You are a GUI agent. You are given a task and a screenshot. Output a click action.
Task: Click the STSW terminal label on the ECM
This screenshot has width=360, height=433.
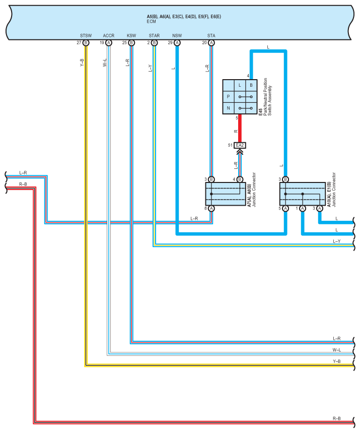click(86, 36)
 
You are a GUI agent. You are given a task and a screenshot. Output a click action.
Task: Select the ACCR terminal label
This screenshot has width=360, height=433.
click(108, 36)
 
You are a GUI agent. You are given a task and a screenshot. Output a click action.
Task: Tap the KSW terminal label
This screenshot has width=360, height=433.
click(131, 36)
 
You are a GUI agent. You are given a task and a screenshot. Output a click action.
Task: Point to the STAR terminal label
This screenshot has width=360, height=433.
click(154, 36)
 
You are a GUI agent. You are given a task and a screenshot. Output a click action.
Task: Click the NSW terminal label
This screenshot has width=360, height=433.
click(177, 36)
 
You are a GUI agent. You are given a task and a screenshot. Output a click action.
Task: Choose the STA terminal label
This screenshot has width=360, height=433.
click(211, 36)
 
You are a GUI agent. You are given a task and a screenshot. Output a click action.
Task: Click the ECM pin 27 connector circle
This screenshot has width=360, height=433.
click(86, 43)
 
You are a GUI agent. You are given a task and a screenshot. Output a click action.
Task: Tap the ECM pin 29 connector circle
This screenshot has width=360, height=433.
click(177, 43)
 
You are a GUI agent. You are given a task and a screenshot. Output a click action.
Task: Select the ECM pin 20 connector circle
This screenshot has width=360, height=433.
click(211, 43)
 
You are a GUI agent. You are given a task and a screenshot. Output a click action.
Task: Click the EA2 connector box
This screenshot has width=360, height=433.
click(240, 145)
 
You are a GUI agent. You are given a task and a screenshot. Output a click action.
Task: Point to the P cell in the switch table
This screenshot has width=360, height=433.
click(228, 97)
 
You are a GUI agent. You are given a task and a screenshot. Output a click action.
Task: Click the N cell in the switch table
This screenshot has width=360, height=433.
click(228, 108)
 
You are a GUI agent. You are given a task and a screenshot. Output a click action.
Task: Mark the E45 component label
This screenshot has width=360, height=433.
click(260, 112)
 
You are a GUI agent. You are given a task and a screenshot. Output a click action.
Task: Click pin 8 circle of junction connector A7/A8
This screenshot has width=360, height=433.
click(211, 209)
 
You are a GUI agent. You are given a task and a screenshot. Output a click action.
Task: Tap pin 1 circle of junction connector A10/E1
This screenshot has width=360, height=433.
click(303, 209)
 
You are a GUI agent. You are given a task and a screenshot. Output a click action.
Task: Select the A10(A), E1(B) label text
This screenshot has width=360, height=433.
click(329, 194)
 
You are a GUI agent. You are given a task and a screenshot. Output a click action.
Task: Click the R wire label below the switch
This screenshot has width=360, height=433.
click(236, 131)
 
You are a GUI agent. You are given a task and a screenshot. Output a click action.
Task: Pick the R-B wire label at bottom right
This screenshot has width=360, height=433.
click(336, 418)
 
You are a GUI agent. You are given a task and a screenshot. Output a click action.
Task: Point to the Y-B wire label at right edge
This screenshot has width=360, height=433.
click(336, 361)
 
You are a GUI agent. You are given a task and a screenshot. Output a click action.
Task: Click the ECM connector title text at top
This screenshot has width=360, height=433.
click(184, 17)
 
